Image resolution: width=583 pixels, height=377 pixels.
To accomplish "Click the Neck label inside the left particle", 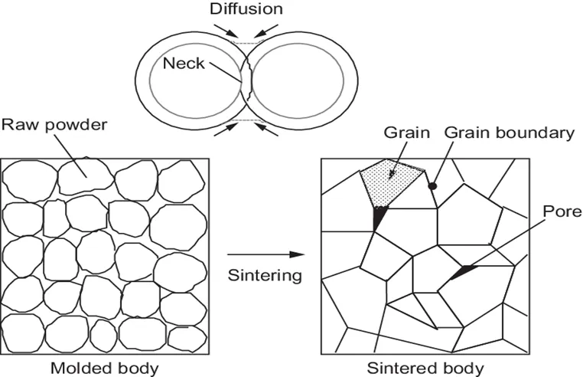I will [184, 62].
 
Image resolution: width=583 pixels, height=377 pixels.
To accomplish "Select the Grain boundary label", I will [509, 133].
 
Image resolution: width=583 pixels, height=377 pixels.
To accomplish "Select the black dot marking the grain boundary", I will [432, 186].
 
